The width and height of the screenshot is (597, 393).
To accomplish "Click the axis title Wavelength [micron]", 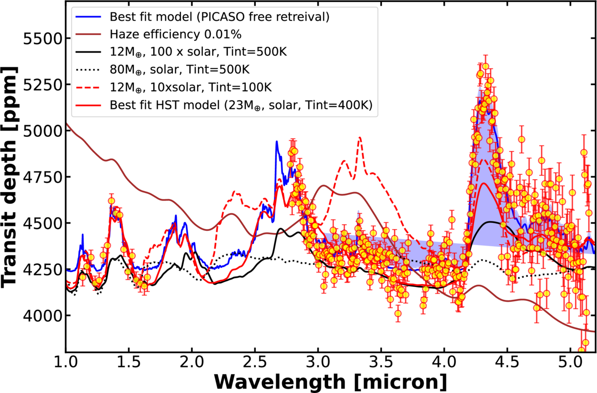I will click(331, 381).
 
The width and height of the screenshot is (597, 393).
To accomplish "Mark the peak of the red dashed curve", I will click(360, 138).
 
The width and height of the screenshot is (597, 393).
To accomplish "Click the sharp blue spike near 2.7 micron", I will click(277, 142).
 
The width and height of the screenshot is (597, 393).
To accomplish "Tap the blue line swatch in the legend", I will click(89, 16).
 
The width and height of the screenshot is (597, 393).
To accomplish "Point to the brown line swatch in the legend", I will click(89, 34).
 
